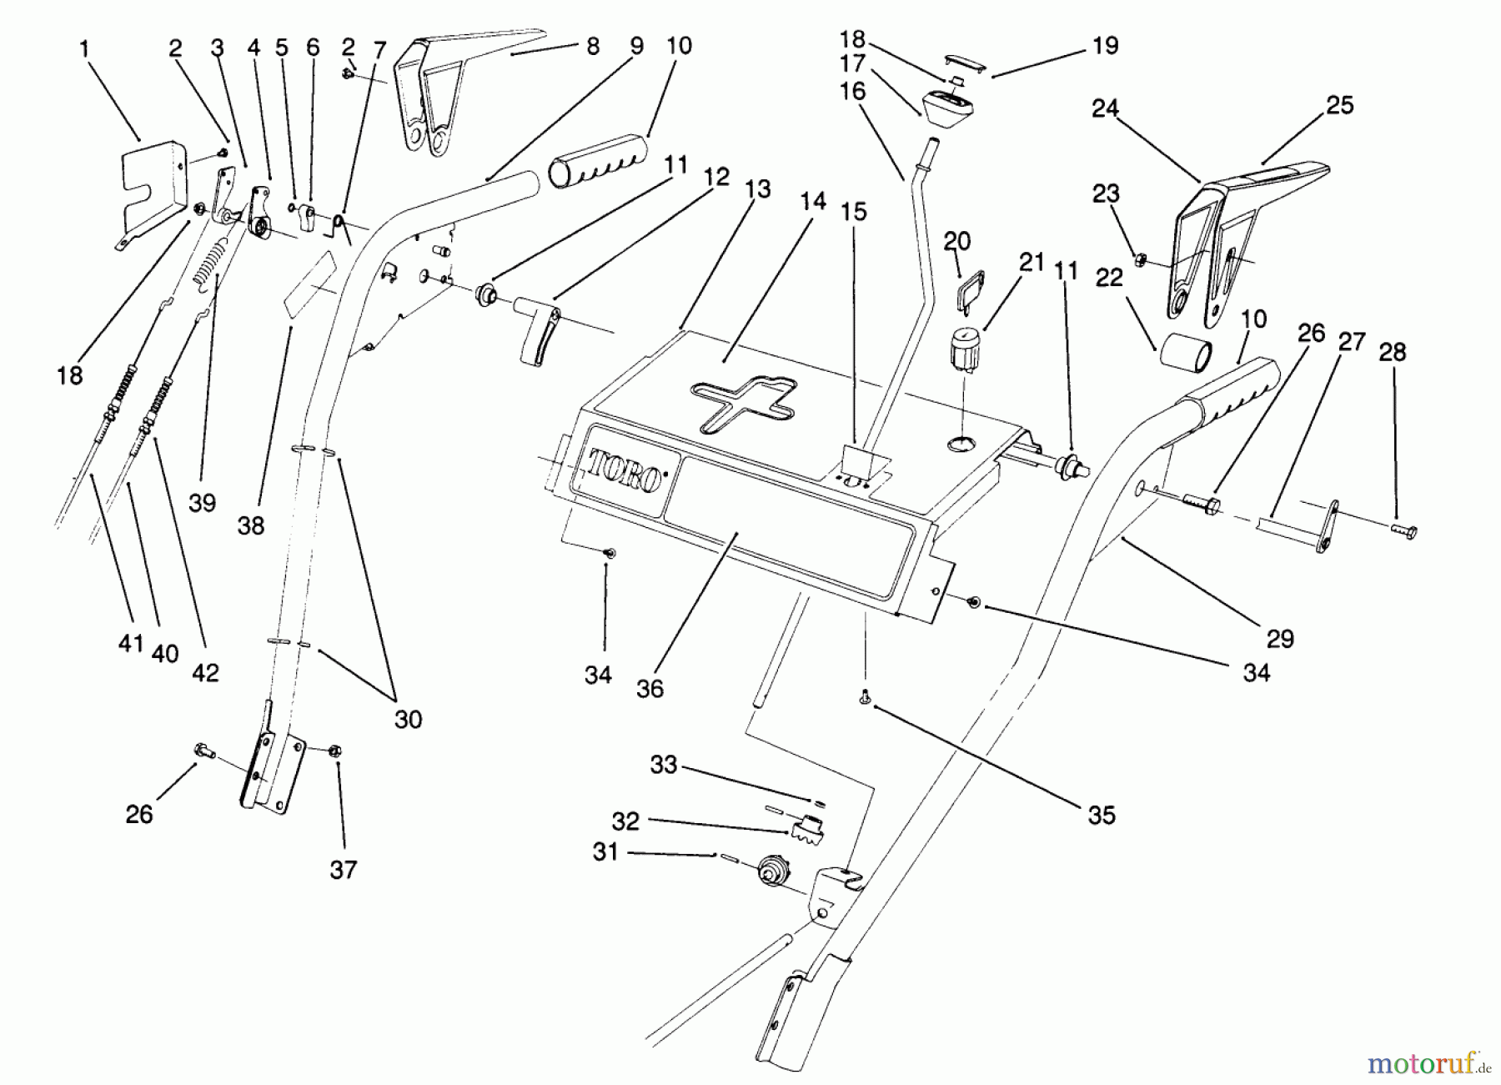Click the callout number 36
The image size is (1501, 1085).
650,688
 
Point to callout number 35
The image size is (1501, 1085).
1102,815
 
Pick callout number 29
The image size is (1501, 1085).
1280,639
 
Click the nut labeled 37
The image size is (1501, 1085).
336,751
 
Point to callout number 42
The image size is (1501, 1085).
205,672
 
